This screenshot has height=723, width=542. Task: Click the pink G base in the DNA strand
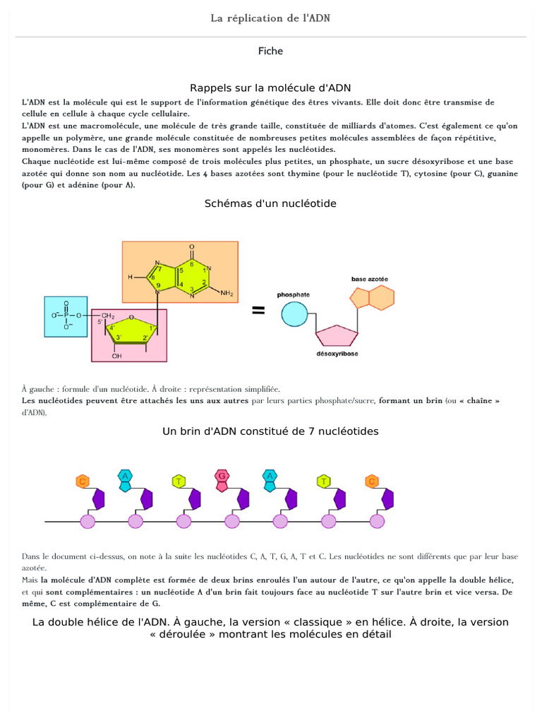tap(222, 476)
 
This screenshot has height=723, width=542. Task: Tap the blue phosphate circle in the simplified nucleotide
tap(294, 313)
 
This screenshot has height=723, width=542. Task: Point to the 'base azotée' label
tap(370, 280)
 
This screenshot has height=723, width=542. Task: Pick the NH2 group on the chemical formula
tap(227, 293)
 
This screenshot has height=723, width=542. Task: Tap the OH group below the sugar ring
tap(117, 355)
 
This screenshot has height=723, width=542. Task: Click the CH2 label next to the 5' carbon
tap(107, 315)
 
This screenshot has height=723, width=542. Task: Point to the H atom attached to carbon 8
tap(130, 277)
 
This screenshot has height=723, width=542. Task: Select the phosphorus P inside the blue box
tap(66, 315)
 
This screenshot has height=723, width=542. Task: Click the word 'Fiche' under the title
tap(271, 51)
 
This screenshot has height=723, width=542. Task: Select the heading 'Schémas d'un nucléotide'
tap(270, 203)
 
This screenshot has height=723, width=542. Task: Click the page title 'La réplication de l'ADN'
tap(270, 18)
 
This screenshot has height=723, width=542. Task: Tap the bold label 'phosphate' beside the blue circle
tap(293, 294)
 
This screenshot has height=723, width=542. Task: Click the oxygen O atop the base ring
tap(192, 248)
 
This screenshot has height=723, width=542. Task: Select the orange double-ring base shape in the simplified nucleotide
tap(371, 299)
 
